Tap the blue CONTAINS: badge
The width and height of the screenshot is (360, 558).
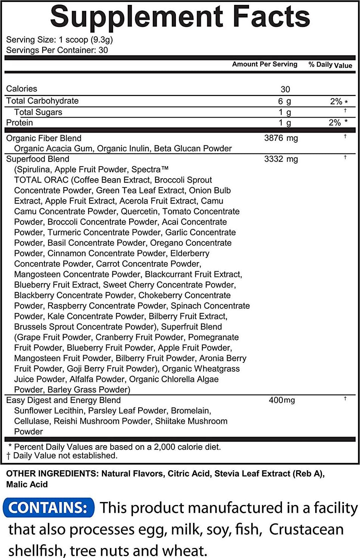coord(48,508)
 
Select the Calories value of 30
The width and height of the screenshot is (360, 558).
coord(285,90)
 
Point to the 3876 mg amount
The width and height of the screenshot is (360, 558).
coord(281,138)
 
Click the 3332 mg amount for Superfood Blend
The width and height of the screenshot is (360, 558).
coord(281,159)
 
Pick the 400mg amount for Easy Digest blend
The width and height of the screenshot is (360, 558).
coord(282,400)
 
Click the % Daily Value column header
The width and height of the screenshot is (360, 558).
coord(330,65)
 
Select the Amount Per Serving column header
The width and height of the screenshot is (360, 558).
coord(264,64)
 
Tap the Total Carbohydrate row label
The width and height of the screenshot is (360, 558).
coord(42,101)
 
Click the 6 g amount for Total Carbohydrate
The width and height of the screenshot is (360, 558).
coord(284,101)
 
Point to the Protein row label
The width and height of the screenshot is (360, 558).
coord(19,123)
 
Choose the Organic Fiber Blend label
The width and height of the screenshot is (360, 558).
coord(44,138)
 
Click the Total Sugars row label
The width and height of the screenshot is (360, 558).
coord(38,112)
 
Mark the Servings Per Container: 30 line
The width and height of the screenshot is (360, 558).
coord(57,50)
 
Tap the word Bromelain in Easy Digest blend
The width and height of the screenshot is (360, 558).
coord(190,411)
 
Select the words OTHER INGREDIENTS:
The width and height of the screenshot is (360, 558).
coord(52,474)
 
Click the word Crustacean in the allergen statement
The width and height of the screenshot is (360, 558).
coord(306,529)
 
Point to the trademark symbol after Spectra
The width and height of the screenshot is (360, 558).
coord(165,168)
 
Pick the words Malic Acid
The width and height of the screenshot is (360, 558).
coord(27,484)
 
